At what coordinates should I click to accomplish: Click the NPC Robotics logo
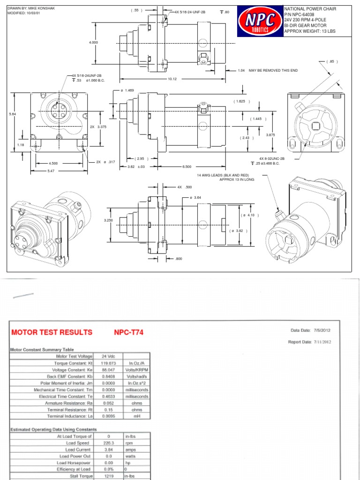coord(260,22)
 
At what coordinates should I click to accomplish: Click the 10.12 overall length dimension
coord(172,79)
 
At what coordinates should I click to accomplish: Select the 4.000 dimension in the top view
coord(93,42)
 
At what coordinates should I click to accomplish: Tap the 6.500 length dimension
coord(187,166)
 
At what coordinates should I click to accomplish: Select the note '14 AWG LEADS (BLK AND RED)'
coord(222,175)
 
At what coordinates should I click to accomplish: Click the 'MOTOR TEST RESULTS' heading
coord(52,332)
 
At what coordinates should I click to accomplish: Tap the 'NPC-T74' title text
coord(128,332)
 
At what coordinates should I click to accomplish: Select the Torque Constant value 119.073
coord(108,363)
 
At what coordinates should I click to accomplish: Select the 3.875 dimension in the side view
coord(270,135)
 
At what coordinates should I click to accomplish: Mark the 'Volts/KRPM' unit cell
coord(136,369)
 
